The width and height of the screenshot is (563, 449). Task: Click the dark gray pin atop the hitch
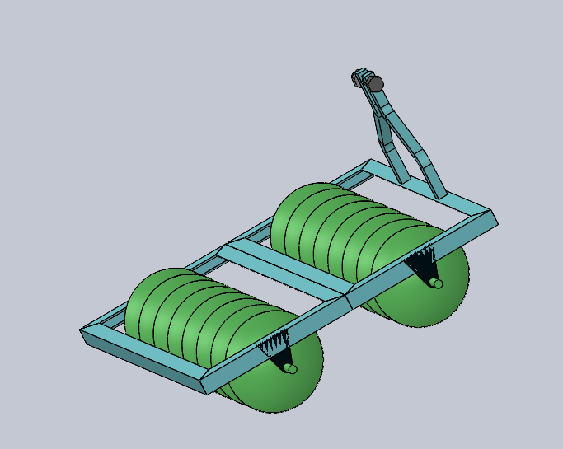376,84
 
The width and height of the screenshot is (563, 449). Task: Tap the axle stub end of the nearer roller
291,368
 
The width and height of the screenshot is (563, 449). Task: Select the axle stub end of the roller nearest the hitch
437,283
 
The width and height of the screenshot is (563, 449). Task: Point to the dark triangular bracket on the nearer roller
275,347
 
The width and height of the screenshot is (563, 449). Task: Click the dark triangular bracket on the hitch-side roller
423,264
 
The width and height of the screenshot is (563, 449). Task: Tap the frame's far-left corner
83,331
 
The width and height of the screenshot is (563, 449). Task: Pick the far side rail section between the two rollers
247,235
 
